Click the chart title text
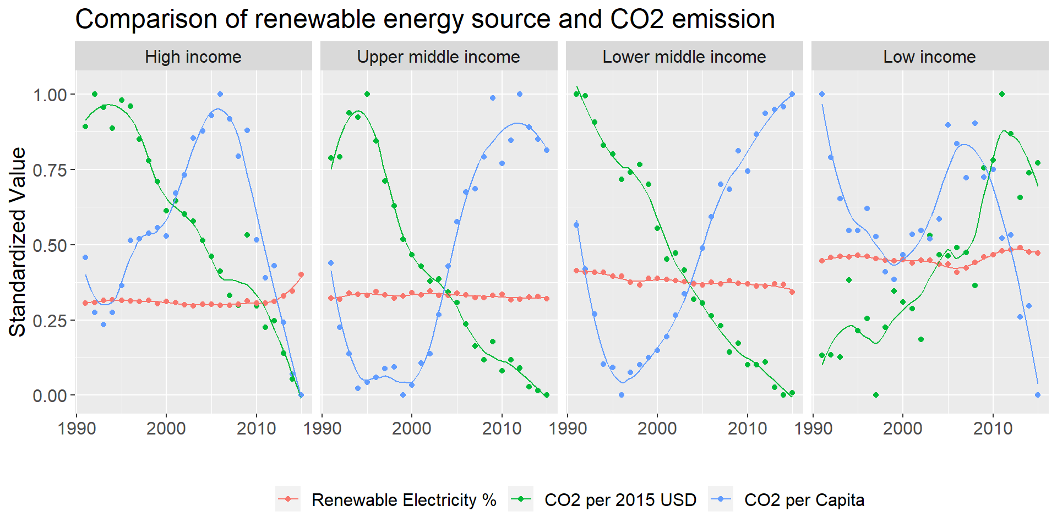pyautogui.click(x=424, y=19)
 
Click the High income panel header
pyautogui.click(x=193, y=57)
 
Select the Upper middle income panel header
pyautogui.click(x=438, y=57)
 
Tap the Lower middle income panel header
pyautogui.click(x=684, y=57)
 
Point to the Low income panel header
pyautogui.click(x=929, y=57)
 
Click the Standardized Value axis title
pyautogui.click(x=18, y=242)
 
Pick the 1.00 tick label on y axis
pyautogui.click(x=50, y=95)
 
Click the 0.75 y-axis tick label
pyautogui.click(x=50, y=170)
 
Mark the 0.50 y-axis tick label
pyautogui.click(x=50, y=245)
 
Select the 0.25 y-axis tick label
pyautogui.click(x=50, y=321)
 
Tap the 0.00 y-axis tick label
pyautogui.click(x=50, y=395)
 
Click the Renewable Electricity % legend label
pyautogui.click(x=404, y=500)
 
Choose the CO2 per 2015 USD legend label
pyautogui.click(x=620, y=500)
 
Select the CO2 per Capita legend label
pyautogui.click(x=804, y=500)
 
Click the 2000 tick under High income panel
pyautogui.click(x=166, y=428)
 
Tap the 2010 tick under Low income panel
pyautogui.click(x=993, y=428)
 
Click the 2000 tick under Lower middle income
pyautogui.click(x=657, y=428)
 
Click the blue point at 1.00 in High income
pyautogui.click(x=220, y=94)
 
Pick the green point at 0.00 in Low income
pyautogui.click(x=876, y=395)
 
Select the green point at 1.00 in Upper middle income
pyautogui.click(x=367, y=94)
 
